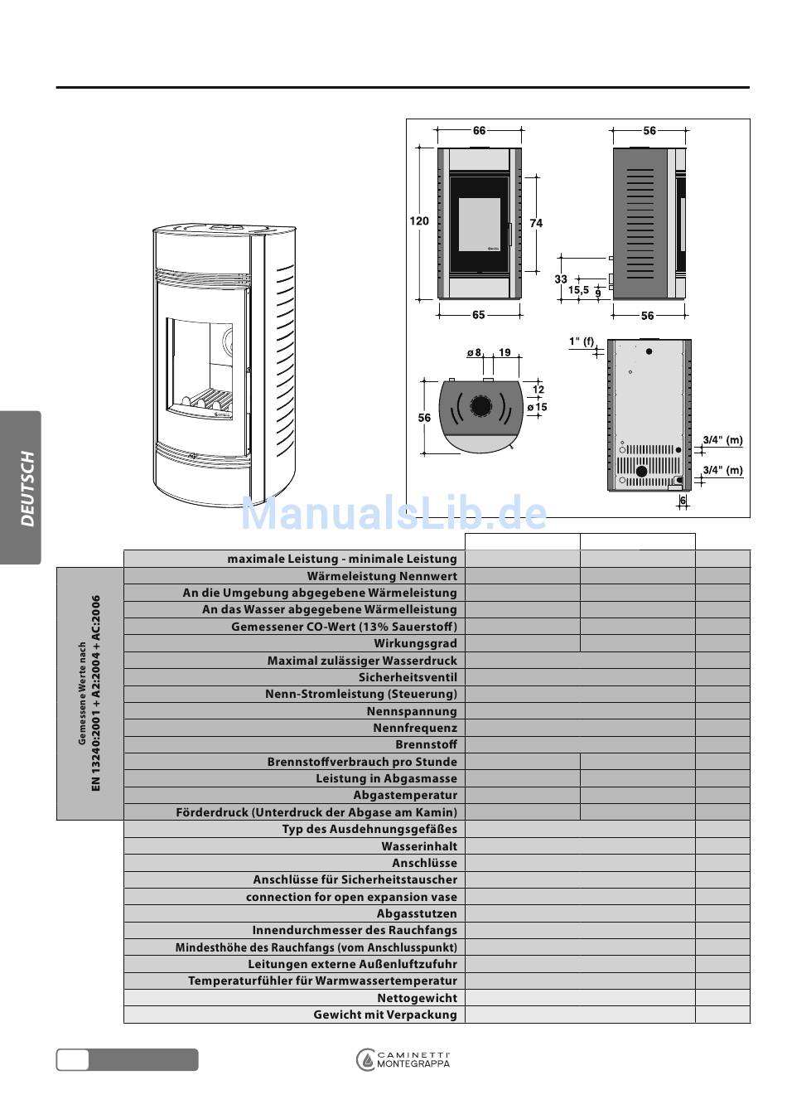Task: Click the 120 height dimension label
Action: point(419,221)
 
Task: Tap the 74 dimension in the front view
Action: point(536,223)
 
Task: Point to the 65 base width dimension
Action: point(479,315)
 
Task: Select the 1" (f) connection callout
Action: point(582,341)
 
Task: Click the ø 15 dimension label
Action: point(538,407)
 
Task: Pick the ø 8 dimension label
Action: point(474,352)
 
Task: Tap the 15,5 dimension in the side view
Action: point(578,290)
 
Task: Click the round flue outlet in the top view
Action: point(480,406)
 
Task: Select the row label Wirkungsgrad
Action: point(415,643)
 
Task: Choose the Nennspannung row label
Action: point(412,711)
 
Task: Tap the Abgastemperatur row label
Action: point(405,795)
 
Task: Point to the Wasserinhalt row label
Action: point(419,846)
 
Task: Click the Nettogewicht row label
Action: point(417,998)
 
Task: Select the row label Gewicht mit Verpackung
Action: point(385,1015)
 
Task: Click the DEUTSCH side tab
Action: point(27,488)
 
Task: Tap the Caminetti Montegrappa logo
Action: point(403,1059)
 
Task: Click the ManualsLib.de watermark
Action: point(393,514)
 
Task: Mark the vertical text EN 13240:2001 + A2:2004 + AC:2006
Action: point(95,693)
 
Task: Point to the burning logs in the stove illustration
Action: point(205,400)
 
